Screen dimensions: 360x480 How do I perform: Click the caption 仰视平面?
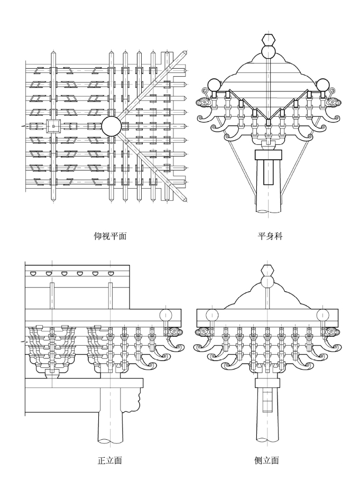click(x=110, y=236)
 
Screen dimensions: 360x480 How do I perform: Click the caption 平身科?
click(x=270, y=236)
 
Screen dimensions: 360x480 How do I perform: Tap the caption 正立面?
click(x=110, y=460)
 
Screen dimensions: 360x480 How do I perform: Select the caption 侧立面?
click(x=266, y=460)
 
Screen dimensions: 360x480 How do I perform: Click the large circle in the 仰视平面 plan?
click(x=112, y=126)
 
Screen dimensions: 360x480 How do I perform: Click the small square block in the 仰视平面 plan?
click(x=53, y=126)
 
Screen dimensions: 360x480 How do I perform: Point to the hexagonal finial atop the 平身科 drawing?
click(x=269, y=40)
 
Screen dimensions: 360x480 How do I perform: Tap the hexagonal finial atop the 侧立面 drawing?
click(x=268, y=271)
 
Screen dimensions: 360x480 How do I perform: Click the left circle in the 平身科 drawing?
click(x=214, y=85)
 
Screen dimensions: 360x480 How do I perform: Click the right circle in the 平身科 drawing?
click(x=322, y=85)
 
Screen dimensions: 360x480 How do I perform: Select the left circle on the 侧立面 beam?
click(x=212, y=315)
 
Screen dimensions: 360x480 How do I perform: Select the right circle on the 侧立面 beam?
click(x=323, y=315)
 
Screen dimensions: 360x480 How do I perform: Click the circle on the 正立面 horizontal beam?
click(x=166, y=315)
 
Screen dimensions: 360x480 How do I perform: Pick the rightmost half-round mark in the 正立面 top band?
click(x=110, y=273)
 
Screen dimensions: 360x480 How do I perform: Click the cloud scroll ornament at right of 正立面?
click(x=175, y=332)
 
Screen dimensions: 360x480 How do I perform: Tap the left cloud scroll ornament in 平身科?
click(x=204, y=102)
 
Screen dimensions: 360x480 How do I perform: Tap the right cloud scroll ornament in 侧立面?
click(x=332, y=332)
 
